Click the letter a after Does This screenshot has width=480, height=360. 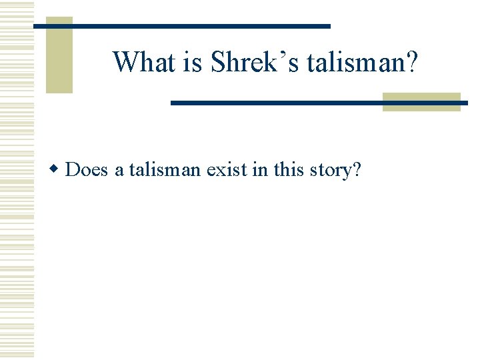[119, 171]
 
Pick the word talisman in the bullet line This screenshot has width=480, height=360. [165, 170]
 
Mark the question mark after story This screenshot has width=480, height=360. [357, 170]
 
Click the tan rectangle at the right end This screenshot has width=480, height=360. [421, 101]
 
